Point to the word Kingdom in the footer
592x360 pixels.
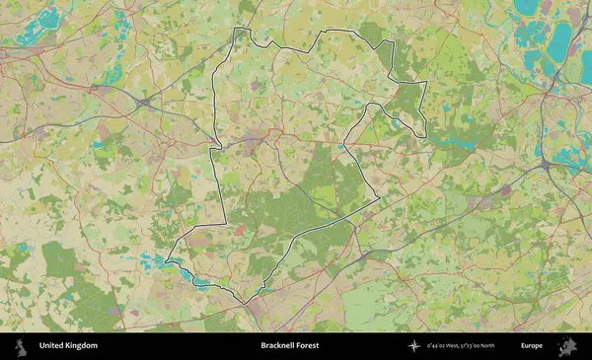82,346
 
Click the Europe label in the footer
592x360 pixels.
533,346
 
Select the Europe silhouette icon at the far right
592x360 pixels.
567,346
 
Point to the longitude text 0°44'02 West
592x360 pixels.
443,346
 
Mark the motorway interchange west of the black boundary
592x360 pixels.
145,102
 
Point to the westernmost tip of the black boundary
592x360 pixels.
166,260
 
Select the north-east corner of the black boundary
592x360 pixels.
425,84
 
